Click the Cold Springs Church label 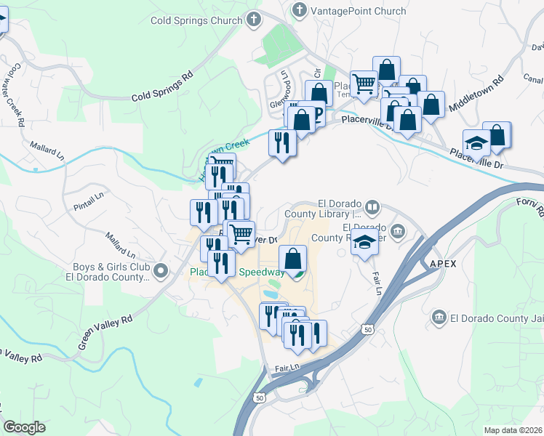click(196, 20)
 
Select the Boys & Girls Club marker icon click(161, 272)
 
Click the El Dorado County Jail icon click(439, 318)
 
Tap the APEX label click(442, 263)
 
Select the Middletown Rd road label click(476, 94)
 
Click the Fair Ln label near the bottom click(287, 369)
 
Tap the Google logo click(24, 427)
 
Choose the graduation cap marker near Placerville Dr click(476, 143)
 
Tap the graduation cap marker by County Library click(364, 243)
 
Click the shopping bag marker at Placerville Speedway click(292, 259)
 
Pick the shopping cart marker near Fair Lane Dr click(241, 234)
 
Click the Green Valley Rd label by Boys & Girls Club click(105, 331)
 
